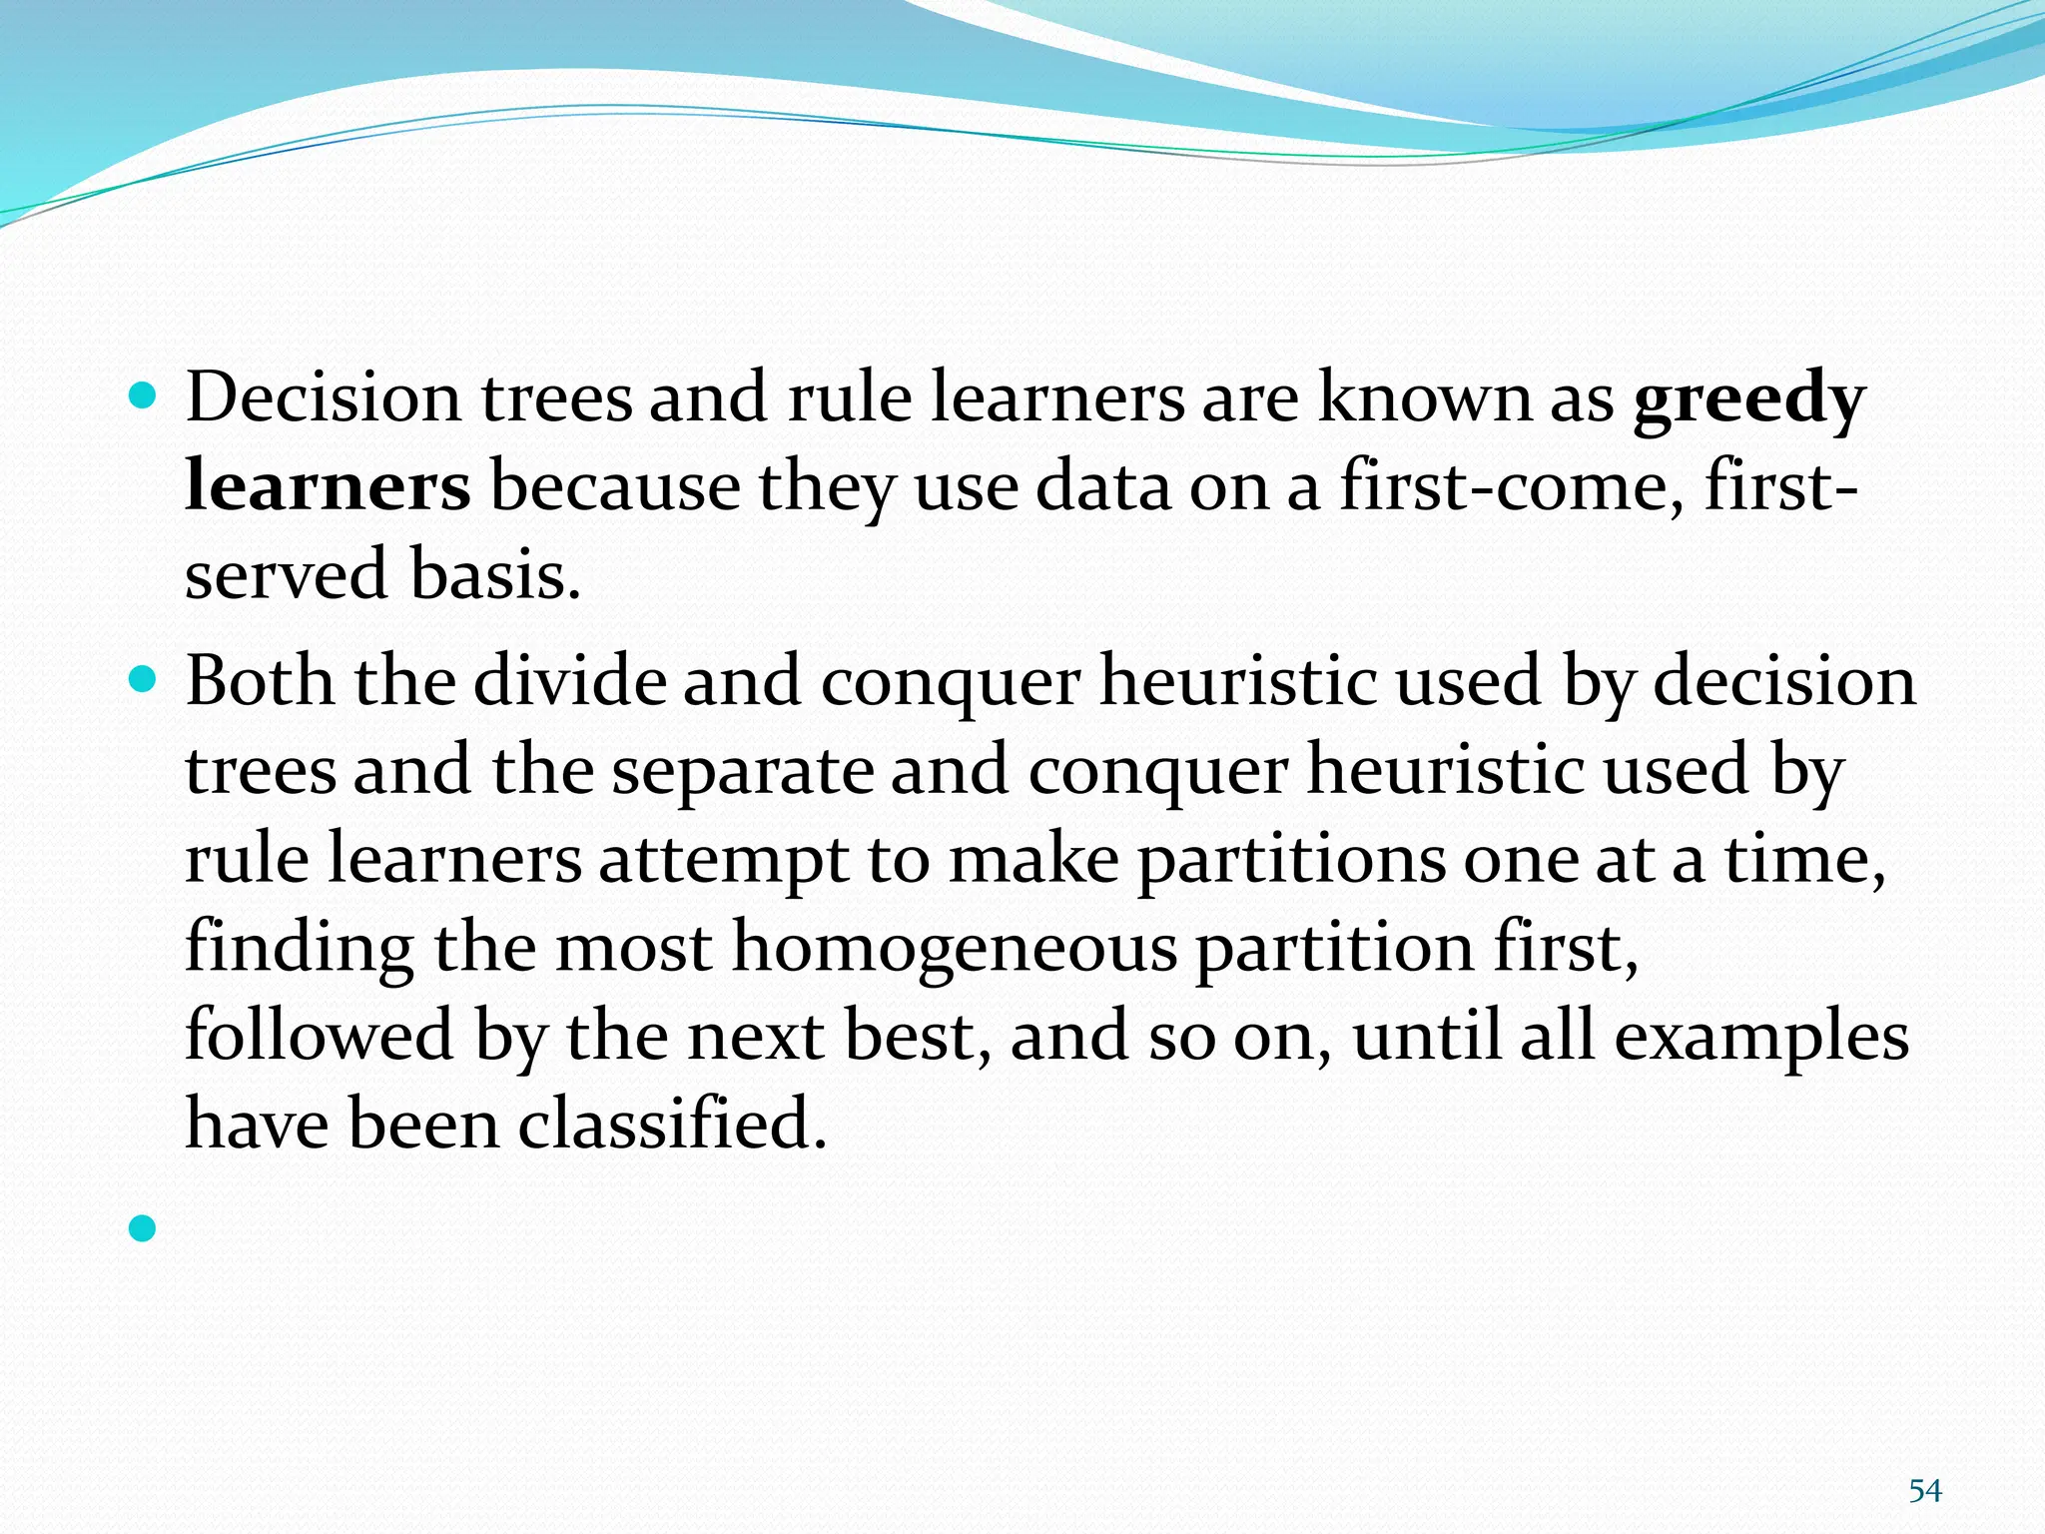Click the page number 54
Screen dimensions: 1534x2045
[x=1924, y=1491]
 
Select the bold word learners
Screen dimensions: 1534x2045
[x=328, y=487]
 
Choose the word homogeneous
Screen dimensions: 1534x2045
[x=955, y=948]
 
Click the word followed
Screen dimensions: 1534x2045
[x=320, y=1036]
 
